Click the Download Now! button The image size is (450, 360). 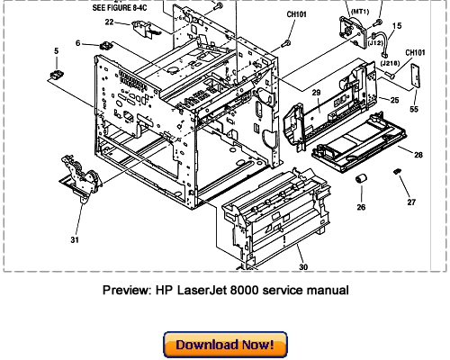click(224, 344)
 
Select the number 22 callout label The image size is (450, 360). click(110, 22)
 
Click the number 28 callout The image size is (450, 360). click(419, 155)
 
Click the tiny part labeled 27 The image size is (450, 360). click(396, 171)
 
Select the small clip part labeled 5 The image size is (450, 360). click(58, 77)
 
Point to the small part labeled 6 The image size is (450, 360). click(106, 42)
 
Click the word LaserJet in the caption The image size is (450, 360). click(205, 290)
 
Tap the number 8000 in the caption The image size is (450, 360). click(256, 290)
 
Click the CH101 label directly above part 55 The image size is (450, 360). click(416, 53)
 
